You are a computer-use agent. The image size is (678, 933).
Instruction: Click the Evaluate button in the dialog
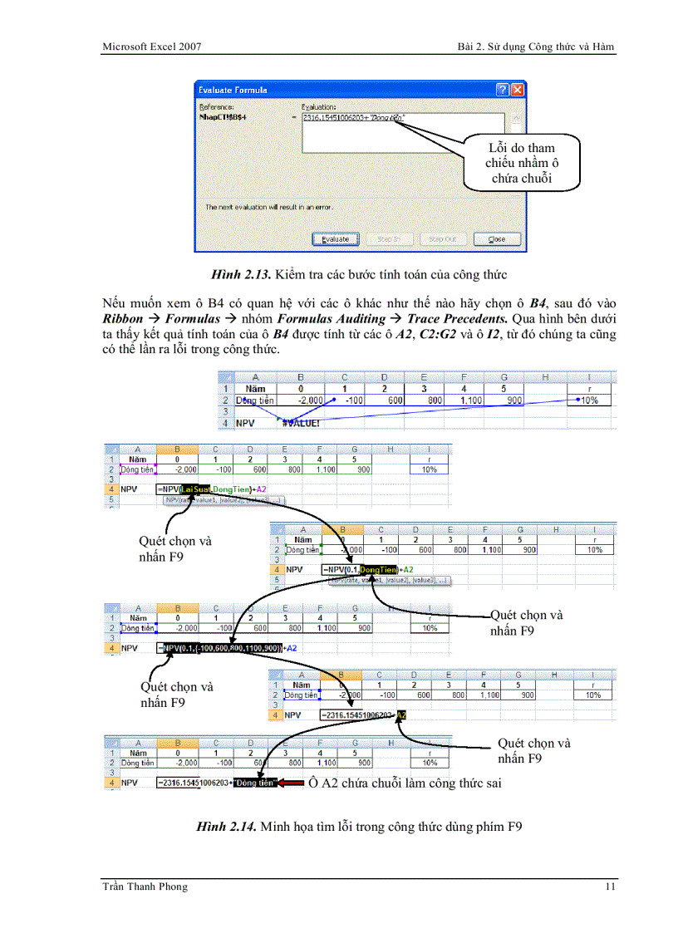(x=335, y=239)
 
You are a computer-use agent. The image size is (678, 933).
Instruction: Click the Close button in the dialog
(x=497, y=239)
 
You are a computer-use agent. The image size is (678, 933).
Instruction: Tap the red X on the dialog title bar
(x=518, y=90)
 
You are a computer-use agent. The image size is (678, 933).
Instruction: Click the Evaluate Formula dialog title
(x=233, y=90)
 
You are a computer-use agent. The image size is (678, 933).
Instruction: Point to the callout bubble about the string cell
(x=521, y=163)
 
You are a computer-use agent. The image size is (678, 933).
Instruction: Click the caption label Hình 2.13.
(x=241, y=274)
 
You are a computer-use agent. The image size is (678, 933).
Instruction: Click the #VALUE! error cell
(x=301, y=423)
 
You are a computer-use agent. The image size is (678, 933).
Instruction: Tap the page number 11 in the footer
(x=610, y=886)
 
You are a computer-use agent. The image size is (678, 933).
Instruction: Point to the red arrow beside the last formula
(x=292, y=783)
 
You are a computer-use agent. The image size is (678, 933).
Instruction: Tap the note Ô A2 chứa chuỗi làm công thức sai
(x=405, y=783)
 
